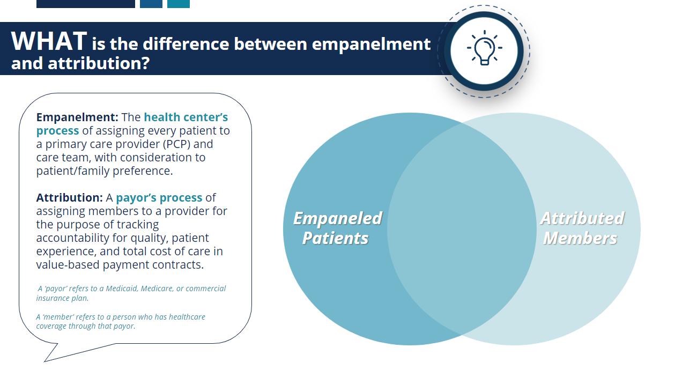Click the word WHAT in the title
(49, 41)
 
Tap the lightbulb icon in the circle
(484, 48)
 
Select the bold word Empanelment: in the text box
(77, 117)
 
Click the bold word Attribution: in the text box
(70, 197)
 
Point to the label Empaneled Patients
(337, 228)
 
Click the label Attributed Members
(582, 228)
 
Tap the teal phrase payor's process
(159, 198)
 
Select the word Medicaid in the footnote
(122, 289)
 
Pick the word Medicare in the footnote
(157, 289)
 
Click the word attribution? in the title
(99, 63)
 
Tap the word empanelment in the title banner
(371, 44)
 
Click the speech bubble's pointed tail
(45, 361)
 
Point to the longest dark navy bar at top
(86, 4)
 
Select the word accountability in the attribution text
(72, 238)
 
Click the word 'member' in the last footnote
(59, 317)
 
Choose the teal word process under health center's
(57, 131)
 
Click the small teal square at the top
(179, 4)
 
